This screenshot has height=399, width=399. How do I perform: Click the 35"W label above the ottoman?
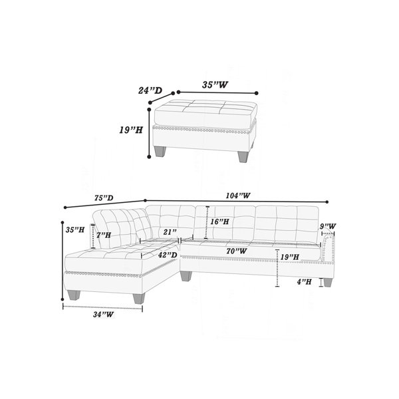click(x=215, y=84)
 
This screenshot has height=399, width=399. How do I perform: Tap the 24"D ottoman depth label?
click(x=150, y=90)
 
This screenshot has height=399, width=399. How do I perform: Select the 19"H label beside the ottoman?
click(x=131, y=130)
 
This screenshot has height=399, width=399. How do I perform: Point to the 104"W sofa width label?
click(x=238, y=196)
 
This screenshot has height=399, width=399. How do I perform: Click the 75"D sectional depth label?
click(x=104, y=198)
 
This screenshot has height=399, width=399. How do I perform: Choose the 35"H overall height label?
click(x=74, y=230)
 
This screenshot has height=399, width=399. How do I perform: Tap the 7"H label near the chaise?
click(x=104, y=235)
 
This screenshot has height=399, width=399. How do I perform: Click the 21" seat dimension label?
click(x=170, y=232)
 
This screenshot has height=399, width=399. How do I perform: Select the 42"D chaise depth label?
click(x=168, y=255)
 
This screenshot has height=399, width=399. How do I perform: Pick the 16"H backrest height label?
click(x=219, y=221)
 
